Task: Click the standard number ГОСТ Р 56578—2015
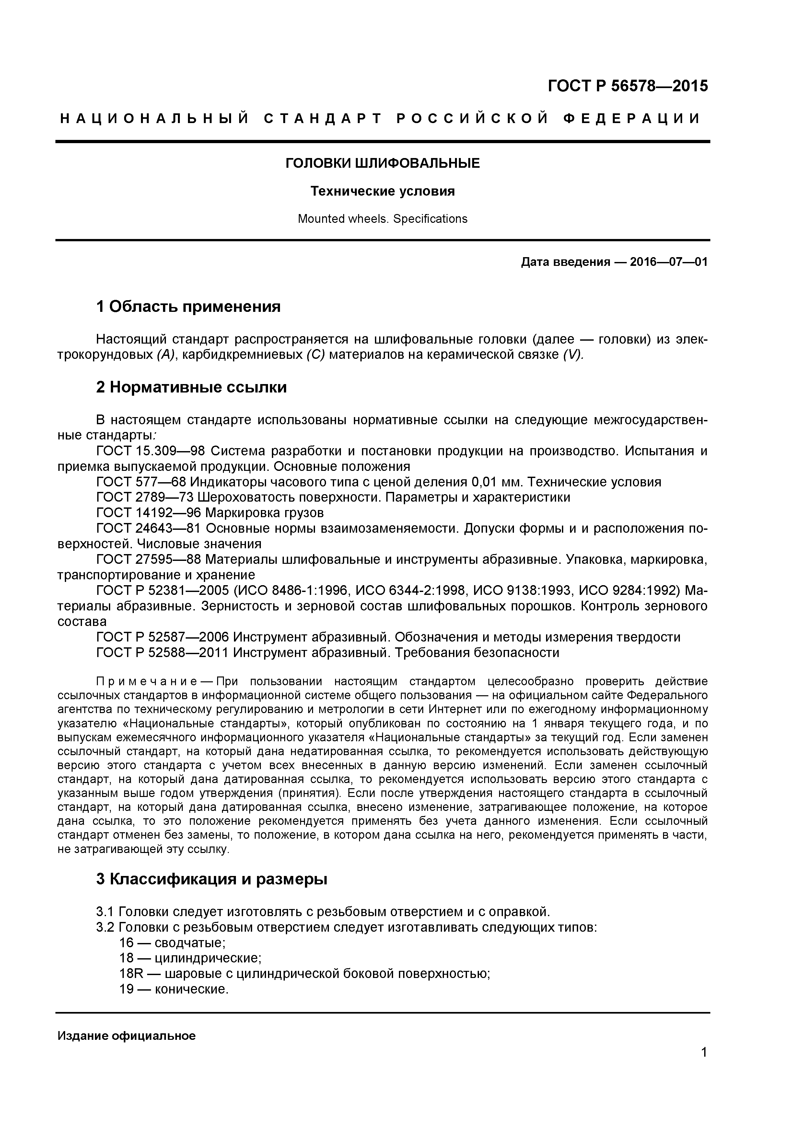coord(627,86)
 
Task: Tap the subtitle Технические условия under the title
coord(383,191)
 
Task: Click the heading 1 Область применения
coord(188,307)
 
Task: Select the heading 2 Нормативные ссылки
coord(191,387)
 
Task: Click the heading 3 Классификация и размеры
coord(211,879)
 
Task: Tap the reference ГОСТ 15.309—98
coord(151,451)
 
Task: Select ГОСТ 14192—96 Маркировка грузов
coord(210,513)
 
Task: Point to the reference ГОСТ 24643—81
coord(148,528)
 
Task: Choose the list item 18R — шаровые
coord(305,974)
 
